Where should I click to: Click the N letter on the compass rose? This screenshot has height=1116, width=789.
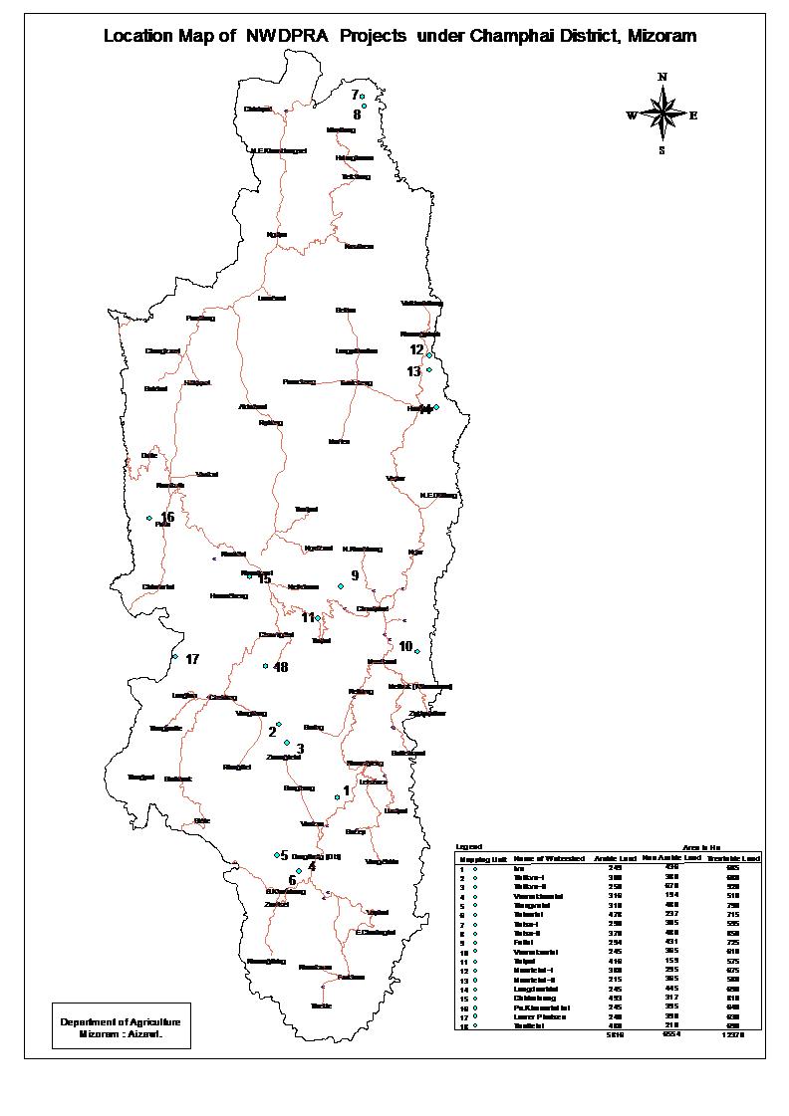tap(662, 77)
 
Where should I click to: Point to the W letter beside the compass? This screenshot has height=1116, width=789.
tap(631, 115)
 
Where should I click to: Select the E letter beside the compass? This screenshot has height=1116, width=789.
tap(693, 115)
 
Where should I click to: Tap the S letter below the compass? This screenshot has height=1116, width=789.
tap(661, 150)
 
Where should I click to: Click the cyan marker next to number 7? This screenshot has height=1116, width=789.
tap(363, 97)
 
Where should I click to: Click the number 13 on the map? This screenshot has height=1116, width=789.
tap(414, 371)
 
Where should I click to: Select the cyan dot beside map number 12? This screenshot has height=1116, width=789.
tap(428, 354)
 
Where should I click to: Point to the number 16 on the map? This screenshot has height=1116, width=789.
tap(167, 517)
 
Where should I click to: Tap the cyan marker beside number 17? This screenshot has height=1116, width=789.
tap(174, 656)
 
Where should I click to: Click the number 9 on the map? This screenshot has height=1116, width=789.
tap(354, 575)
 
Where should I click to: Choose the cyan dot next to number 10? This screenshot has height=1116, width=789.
tap(417, 651)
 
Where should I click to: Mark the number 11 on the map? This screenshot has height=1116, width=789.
tap(308, 617)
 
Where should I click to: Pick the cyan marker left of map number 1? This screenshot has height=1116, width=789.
tap(337, 796)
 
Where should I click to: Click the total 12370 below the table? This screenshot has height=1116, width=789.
tap(732, 1034)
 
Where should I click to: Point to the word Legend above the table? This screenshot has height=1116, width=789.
tap(468, 846)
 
